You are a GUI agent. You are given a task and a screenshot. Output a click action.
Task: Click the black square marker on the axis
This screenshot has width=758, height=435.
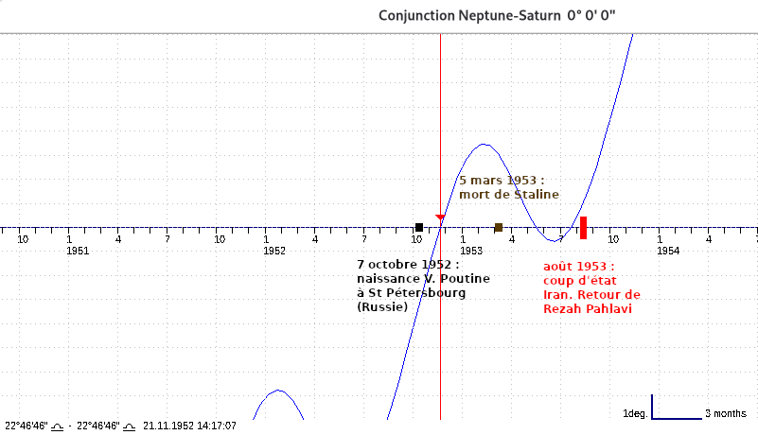419,227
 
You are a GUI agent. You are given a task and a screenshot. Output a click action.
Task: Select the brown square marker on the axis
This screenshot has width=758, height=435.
499,227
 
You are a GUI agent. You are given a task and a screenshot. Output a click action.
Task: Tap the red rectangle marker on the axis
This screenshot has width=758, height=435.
584,227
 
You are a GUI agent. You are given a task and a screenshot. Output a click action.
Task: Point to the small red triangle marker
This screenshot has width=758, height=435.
440,218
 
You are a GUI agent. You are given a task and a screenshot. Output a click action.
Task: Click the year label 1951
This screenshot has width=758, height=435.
78,251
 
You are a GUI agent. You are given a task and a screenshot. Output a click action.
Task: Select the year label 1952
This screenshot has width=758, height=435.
274,251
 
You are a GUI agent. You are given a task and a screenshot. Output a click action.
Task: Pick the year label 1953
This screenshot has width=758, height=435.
471,251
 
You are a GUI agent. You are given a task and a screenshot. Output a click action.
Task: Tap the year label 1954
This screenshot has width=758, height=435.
668,251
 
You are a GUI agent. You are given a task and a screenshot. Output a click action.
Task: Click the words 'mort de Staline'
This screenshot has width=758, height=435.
509,194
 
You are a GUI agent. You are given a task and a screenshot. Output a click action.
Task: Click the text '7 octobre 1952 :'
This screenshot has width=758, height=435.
408,265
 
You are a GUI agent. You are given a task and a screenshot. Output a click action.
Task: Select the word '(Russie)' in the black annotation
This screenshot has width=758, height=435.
382,307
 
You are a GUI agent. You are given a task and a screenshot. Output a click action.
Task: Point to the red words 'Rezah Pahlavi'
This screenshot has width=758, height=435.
587,309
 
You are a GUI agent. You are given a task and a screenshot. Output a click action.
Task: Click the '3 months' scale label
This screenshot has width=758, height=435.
726,414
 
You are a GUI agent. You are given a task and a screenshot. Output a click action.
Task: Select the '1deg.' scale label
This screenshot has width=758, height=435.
635,414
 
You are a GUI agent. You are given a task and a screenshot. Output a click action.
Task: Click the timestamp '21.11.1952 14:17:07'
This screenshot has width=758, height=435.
189,426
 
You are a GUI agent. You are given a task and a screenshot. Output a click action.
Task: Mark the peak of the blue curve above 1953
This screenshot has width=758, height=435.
484,145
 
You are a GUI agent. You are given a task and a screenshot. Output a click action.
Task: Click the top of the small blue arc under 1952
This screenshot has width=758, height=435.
277,390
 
